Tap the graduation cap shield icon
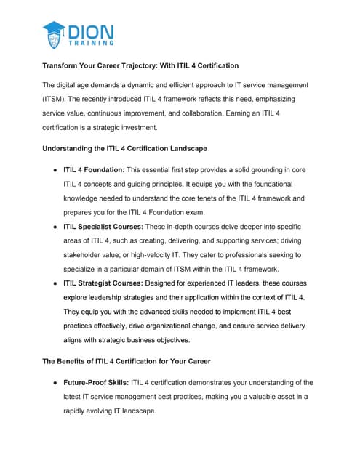pos(54,35)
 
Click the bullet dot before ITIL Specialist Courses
pos(55,227)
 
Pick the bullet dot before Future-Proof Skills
pos(55,382)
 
